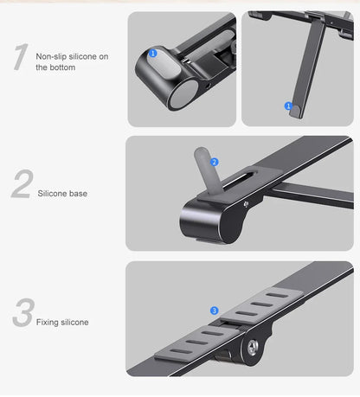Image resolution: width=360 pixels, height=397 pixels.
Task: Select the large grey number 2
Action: [x=22, y=186]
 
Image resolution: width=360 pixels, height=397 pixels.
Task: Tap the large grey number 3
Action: [x=22, y=315]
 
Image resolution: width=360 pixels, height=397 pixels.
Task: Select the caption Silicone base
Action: [x=62, y=194]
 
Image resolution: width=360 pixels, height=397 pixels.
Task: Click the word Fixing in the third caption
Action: [x=48, y=323]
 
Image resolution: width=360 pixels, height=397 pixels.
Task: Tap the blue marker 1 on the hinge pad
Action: [x=153, y=54]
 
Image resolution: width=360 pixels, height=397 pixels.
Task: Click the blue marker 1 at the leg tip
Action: [x=289, y=106]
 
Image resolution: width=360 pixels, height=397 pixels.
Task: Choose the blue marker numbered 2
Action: [x=215, y=162]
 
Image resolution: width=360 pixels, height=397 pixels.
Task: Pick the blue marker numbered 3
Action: [x=214, y=310]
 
